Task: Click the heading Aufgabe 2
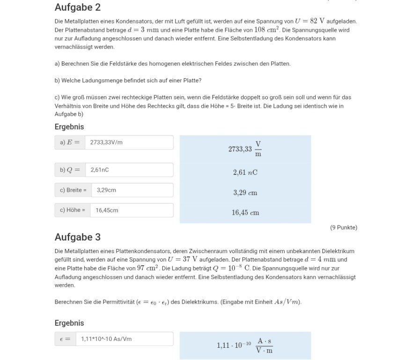coord(77,7)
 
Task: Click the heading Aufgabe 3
coord(77,237)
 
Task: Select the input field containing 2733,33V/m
coord(129,142)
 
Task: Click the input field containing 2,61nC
coord(129,170)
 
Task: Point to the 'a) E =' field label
coord(70,142)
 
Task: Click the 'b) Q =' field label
coord(70,170)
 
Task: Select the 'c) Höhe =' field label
coord(73,210)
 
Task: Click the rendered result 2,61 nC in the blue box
coord(245,172)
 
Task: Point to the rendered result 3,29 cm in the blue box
coord(245,193)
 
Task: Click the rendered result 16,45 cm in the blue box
coord(245,213)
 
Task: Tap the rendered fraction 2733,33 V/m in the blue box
coord(245,149)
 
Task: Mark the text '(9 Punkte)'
coord(343,228)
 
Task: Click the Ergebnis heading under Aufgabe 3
coord(69,323)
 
